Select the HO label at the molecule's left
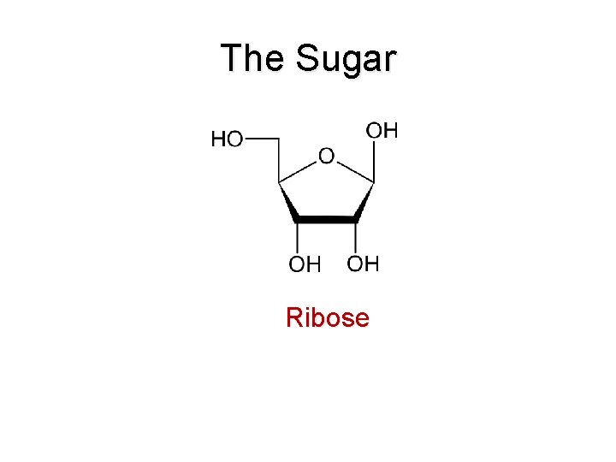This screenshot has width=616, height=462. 227,139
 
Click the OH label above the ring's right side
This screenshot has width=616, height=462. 382,131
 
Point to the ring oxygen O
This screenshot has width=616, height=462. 326,157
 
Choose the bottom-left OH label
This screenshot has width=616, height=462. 305,265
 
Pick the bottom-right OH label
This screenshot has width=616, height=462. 364,264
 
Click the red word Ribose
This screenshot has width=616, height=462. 328,318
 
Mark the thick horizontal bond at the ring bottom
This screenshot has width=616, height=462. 326,220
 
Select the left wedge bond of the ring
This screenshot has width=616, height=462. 287,201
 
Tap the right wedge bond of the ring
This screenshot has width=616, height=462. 364,201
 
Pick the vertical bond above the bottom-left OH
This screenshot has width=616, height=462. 297,237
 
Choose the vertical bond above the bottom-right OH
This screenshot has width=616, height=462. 356,237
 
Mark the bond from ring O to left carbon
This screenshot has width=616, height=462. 297,170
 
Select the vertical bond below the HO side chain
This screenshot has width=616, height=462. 279,159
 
